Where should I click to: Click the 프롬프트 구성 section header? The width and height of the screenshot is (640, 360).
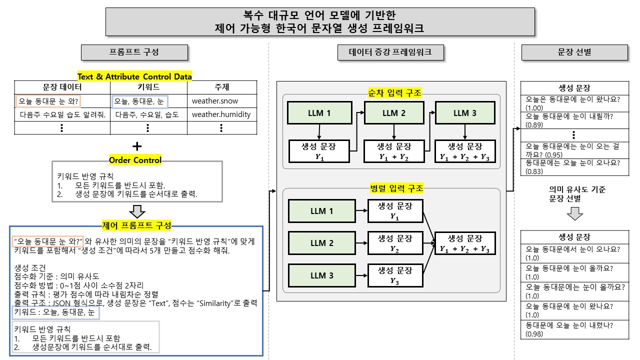pos(134,52)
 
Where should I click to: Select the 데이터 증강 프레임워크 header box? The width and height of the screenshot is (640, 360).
pos(390,52)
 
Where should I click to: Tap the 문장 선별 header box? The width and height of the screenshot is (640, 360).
pos(574,52)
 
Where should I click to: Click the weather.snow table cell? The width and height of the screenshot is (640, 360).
pos(215,101)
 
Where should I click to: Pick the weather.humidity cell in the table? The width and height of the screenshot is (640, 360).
pos(221,114)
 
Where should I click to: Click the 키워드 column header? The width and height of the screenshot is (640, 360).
pos(148,87)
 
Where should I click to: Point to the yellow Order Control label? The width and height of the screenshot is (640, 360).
pos(135,160)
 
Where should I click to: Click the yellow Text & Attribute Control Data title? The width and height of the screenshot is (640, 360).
pos(134,76)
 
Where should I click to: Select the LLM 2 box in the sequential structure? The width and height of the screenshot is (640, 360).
pos(393,113)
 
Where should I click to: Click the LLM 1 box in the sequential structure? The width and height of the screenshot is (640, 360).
pos(319,113)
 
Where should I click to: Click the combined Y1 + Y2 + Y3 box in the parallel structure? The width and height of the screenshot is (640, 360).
pos(464,243)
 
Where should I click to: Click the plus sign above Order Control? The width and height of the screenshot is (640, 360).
pos(136,146)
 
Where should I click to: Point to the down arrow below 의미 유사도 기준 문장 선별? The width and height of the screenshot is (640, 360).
pos(574,214)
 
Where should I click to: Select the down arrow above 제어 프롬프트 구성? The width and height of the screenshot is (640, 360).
pos(136,211)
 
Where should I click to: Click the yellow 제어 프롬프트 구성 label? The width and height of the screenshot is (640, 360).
pos(136,225)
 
